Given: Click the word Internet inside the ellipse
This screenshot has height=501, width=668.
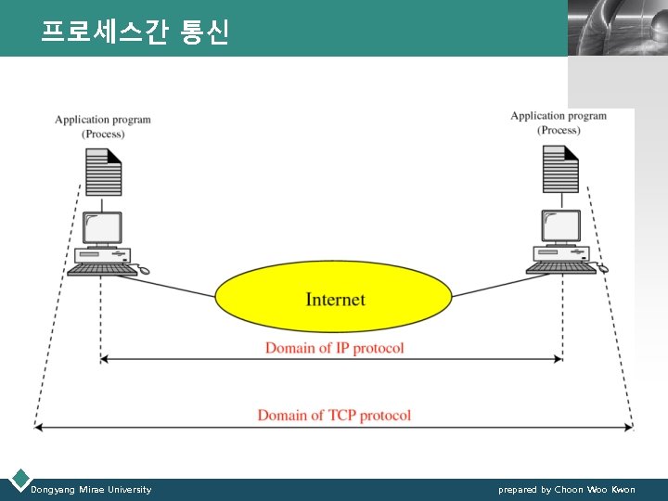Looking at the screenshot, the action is pos(335,300).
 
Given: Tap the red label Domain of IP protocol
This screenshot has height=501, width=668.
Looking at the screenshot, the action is pos(334,348).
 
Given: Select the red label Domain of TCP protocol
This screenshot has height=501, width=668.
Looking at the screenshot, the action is pos(334,415).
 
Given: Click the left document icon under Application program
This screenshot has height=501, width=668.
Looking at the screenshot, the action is pos(103,170).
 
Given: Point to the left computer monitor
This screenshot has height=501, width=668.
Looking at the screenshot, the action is pos(102,227).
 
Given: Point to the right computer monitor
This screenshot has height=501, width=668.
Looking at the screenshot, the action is pos(561,225).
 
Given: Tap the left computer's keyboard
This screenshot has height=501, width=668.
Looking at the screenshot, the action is pos(102,269).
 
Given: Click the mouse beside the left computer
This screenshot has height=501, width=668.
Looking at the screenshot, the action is pos(144,271).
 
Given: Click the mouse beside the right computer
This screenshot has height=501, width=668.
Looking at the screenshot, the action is pos(602,268).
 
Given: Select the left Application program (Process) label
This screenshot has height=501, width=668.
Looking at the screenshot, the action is pos(103,127).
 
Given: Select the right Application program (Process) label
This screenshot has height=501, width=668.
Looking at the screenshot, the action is pos(559,123).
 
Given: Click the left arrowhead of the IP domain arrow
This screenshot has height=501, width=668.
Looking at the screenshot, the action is pos(104,358).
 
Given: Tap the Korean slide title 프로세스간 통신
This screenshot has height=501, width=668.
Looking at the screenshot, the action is pos(135,32).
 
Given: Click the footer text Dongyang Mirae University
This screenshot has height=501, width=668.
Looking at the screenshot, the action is pos(91,489).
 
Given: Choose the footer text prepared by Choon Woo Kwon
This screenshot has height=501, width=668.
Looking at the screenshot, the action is pos(567,489).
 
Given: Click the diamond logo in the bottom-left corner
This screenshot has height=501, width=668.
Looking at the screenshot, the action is pos(19,480).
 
